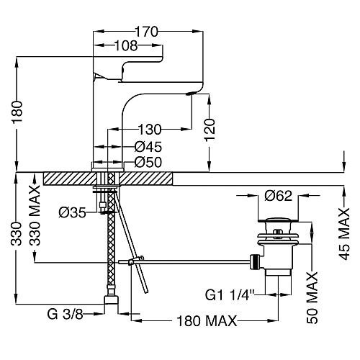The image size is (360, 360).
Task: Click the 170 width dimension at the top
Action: click(147, 32)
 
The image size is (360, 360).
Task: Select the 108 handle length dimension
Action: click(126, 45)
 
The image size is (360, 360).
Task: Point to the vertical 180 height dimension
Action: click(17, 112)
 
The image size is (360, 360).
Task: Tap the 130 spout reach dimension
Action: click(150, 130)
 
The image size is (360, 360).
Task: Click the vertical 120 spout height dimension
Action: click(210, 130)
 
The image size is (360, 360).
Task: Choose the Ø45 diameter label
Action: click(148, 147)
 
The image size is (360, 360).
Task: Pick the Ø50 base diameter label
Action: click(148, 162)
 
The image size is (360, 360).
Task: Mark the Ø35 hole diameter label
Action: click(73, 212)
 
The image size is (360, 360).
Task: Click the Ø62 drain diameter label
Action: click(279, 196)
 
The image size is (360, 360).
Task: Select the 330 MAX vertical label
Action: click(35, 215)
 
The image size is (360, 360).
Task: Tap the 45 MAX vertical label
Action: click(345, 234)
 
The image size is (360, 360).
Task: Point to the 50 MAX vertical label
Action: click(312, 297)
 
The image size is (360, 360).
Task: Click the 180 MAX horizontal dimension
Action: click(207, 321)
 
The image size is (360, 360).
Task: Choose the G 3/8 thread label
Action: click(66, 314)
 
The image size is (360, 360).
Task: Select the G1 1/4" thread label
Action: click(230, 295)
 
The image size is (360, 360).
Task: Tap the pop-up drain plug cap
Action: click(278, 220)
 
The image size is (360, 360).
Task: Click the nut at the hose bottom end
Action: click(112, 300)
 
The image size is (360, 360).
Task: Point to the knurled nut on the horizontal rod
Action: click(256, 262)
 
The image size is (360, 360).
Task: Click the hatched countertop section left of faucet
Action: click(70, 179)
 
